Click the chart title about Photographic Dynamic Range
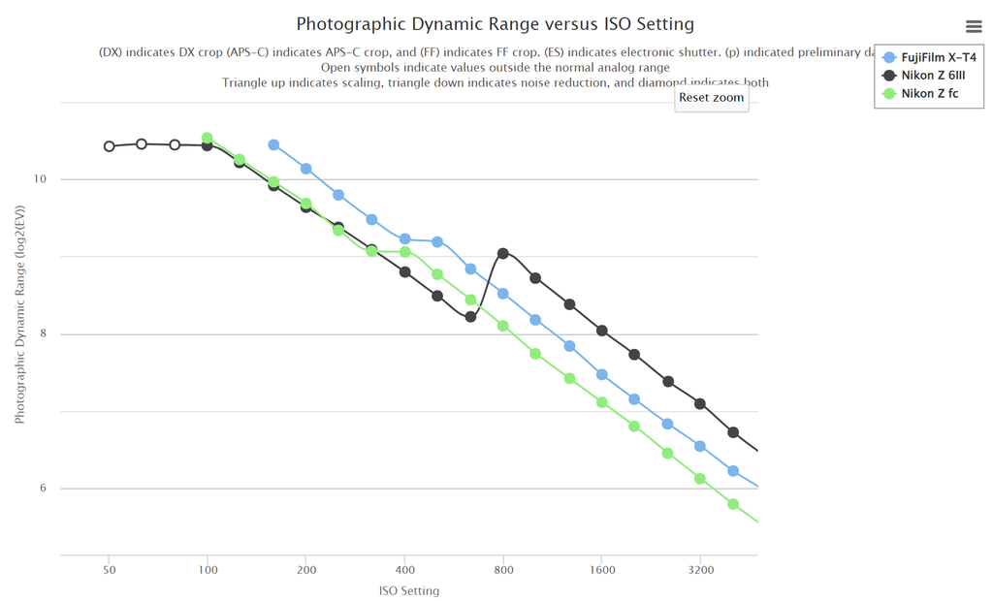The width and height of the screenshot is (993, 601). [x=495, y=23]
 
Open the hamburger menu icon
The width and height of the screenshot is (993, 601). [x=974, y=26]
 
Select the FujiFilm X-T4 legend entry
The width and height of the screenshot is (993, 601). [x=938, y=58]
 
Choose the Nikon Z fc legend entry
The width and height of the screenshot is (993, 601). [x=929, y=94]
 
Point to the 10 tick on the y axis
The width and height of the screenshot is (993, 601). [x=41, y=180]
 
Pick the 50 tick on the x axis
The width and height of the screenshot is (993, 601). [x=110, y=570]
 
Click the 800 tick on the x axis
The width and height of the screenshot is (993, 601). [x=503, y=570]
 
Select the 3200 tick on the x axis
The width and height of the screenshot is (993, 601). [x=700, y=570]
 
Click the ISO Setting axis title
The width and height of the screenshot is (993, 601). [x=408, y=590]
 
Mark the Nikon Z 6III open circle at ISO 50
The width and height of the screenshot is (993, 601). [x=110, y=146]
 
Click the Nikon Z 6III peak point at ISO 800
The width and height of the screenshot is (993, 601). [x=503, y=254]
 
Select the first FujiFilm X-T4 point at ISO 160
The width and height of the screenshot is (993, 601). [x=274, y=145]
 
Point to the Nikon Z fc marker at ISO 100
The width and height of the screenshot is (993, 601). [x=208, y=139]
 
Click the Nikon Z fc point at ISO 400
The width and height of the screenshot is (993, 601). [x=405, y=252]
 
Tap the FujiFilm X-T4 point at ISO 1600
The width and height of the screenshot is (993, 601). [x=602, y=375]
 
